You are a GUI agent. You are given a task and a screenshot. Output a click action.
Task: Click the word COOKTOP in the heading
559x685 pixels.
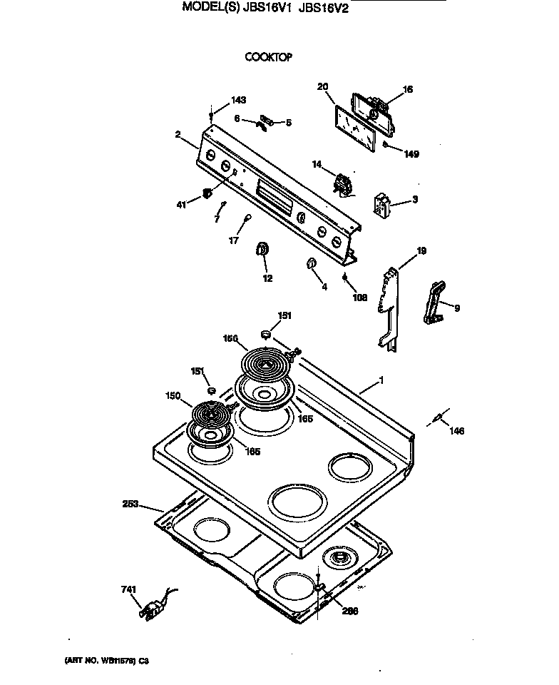[x=269, y=58]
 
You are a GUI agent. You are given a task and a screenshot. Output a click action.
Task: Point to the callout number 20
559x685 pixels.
[x=322, y=87]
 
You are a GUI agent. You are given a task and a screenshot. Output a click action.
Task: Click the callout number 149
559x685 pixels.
[x=411, y=153]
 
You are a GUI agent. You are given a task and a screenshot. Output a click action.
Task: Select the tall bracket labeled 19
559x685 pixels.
[x=389, y=307]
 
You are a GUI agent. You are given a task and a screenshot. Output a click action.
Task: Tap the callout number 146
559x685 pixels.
[x=456, y=430]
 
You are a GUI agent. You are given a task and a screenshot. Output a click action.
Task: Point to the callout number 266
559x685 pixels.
[x=349, y=611]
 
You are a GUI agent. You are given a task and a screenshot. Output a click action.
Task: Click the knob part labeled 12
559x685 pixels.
[x=262, y=249]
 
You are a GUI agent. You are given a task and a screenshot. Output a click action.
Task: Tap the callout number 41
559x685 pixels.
[x=181, y=205]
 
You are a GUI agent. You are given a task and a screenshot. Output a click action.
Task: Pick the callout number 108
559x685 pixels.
[x=360, y=298]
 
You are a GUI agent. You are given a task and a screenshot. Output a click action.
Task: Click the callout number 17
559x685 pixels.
[x=232, y=240]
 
